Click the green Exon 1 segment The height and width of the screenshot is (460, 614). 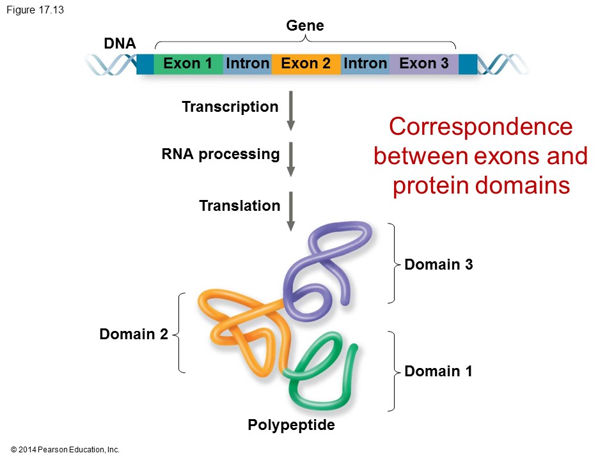(187, 64)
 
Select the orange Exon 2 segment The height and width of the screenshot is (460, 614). (306, 64)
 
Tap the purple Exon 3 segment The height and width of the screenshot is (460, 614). (423, 64)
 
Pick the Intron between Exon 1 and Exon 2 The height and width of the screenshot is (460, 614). (248, 64)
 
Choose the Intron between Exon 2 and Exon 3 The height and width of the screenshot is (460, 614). (365, 64)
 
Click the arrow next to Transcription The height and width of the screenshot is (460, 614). (291, 110)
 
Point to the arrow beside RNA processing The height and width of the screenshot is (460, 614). (291, 158)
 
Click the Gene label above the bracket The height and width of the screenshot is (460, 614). (305, 26)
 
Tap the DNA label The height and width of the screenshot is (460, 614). (120, 44)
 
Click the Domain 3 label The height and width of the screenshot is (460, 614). (439, 264)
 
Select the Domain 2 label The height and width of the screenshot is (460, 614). (134, 334)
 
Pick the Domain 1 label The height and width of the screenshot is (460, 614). (439, 371)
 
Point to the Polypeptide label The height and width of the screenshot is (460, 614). (292, 425)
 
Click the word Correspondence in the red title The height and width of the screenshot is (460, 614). (480, 126)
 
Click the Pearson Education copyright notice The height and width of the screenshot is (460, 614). (65, 450)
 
